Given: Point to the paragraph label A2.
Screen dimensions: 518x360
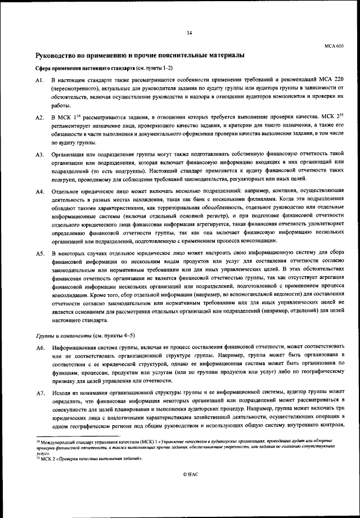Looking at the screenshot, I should coord(39,118).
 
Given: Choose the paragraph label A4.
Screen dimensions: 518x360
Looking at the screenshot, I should coord(39,191).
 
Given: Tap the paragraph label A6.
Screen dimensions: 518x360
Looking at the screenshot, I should coord(39,349).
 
